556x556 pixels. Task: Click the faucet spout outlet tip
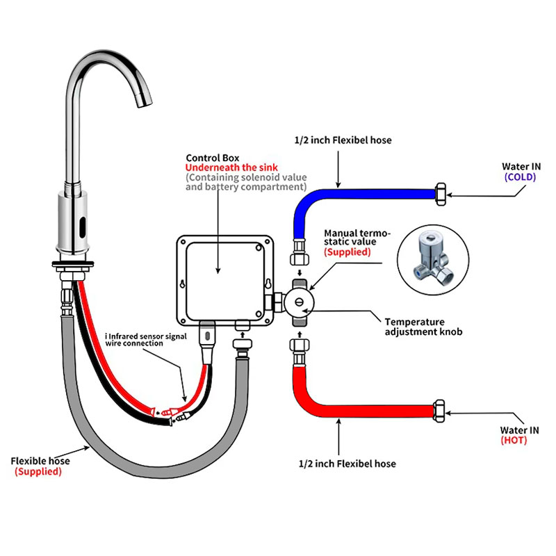click(145, 103)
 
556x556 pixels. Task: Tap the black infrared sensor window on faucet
click(82, 227)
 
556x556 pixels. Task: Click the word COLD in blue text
click(520, 177)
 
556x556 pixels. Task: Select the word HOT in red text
click(514, 441)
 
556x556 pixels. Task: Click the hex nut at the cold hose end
click(441, 194)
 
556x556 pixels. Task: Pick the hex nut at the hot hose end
click(439, 411)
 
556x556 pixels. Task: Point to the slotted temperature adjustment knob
click(300, 302)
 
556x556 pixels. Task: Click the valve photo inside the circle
click(433, 260)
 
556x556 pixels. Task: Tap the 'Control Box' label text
click(213, 158)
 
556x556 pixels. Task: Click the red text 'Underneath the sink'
click(231, 167)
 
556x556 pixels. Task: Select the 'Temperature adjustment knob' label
click(423, 327)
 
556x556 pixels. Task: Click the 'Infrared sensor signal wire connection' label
click(146, 339)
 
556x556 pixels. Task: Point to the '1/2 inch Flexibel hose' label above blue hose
click(343, 140)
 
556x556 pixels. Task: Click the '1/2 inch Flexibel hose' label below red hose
click(347, 464)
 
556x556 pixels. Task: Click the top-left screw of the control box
click(183, 242)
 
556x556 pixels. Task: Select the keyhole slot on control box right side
click(268, 284)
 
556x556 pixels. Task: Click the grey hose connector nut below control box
click(243, 343)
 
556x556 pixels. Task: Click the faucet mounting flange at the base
click(73, 264)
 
